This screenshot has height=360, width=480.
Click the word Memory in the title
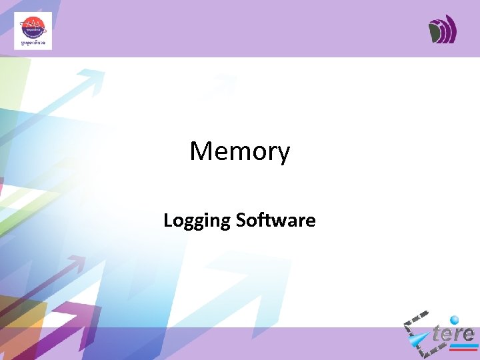(x=240, y=152)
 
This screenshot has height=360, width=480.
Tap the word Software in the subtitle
(x=276, y=220)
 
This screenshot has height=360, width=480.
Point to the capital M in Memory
(x=201, y=151)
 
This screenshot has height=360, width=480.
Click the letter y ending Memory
(x=283, y=155)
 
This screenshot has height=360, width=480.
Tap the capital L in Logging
(x=167, y=220)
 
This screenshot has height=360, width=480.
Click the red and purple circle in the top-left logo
(x=32, y=28)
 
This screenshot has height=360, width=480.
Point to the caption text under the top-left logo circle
(x=32, y=43)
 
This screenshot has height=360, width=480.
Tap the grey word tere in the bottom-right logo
(x=453, y=333)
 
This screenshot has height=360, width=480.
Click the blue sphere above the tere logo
(x=455, y=320)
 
